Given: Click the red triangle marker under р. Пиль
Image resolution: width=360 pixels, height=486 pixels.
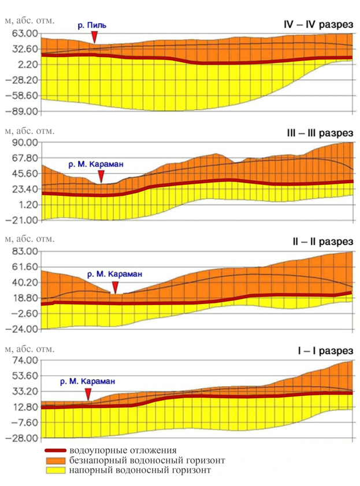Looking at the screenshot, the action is pos(95,38).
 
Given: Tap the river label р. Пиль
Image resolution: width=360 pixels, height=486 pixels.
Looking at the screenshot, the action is pos(92,25).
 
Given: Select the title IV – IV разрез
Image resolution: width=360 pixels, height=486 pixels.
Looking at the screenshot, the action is pos(318,24).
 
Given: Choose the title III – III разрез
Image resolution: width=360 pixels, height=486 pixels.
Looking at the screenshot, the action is pos(320,133).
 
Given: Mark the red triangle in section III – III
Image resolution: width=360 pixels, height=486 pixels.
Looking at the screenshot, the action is pos(101,177).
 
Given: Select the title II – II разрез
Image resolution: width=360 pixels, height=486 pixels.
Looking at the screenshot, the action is pos(323,242).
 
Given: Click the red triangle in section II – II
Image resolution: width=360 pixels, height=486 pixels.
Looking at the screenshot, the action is pos(115,287).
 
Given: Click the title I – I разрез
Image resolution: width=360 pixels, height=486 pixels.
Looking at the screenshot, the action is pos(325,351).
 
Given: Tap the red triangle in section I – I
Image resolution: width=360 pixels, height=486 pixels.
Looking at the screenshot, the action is pos(88,395).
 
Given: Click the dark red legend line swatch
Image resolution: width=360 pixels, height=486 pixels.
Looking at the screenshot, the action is pos(56,450).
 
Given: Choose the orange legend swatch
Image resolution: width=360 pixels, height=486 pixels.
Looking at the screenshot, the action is pos(56,460).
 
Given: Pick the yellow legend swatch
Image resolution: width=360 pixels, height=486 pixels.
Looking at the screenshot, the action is pos(56,470).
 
